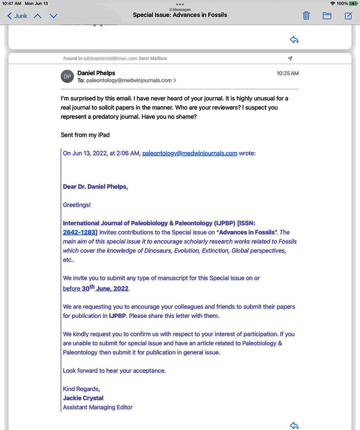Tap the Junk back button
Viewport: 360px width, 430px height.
click(17, 16)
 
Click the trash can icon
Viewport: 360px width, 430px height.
click(306, 16)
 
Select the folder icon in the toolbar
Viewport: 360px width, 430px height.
click(327, 16)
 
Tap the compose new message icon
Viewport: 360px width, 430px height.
click(348, 16)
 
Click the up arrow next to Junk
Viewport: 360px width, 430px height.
click(37, 16)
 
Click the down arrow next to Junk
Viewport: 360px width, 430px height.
click(53, 16)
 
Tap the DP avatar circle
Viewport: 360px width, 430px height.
click(67, 76)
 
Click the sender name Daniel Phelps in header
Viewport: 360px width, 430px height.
click(96, 73)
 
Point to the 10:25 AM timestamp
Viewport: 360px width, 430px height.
click(288, 73)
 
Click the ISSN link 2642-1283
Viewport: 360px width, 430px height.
click(80, 232)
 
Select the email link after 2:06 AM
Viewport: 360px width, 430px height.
click(190, 153)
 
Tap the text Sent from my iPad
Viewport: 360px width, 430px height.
click(85, 135)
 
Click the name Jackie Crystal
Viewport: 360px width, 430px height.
click(83, 398)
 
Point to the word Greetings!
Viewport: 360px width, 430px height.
click(77, 205)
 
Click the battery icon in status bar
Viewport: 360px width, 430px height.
click(353, 4)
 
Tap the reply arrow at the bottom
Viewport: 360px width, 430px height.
click(294, 426)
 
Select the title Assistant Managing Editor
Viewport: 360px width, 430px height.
click(97, 407)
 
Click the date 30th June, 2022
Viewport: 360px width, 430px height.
click(105, 289)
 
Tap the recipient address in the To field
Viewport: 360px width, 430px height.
click(129, 80)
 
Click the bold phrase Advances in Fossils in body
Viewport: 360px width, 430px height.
click(246, 232)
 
